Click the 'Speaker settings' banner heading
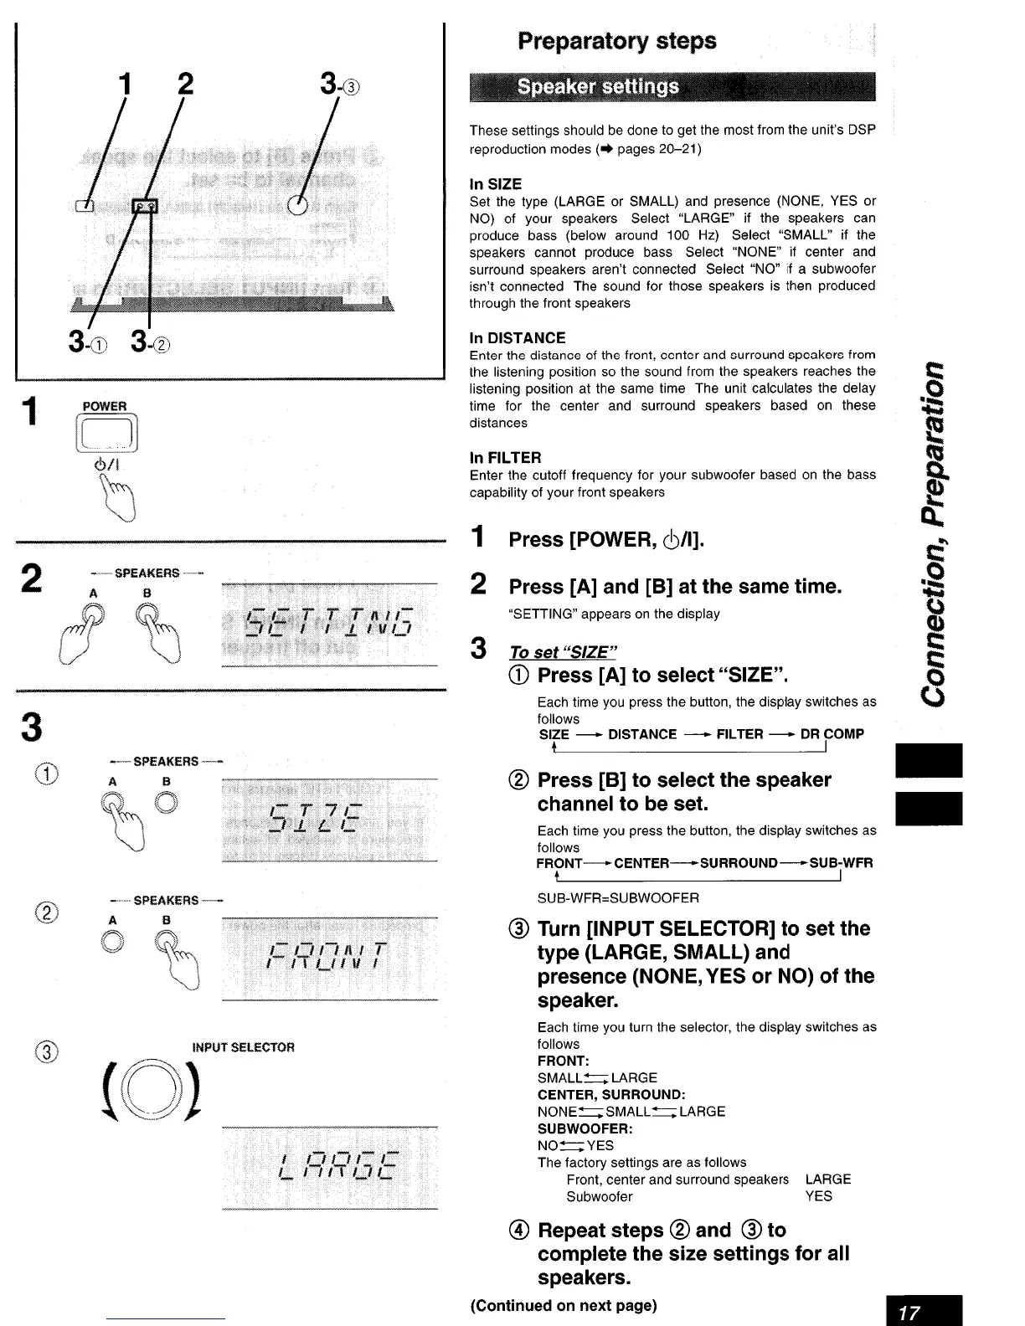[598, 88]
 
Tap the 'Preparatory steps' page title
[617, 41]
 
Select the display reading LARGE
[330, 1167]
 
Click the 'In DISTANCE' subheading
[518, 338]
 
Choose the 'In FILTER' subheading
[505, 458]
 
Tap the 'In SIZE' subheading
[496, 184]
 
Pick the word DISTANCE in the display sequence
[642, 734]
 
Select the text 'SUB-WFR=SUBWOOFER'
[618, 898]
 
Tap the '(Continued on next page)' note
[564, 1305]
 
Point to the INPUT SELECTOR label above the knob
[243, 1047]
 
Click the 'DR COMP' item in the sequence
[832, 734]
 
